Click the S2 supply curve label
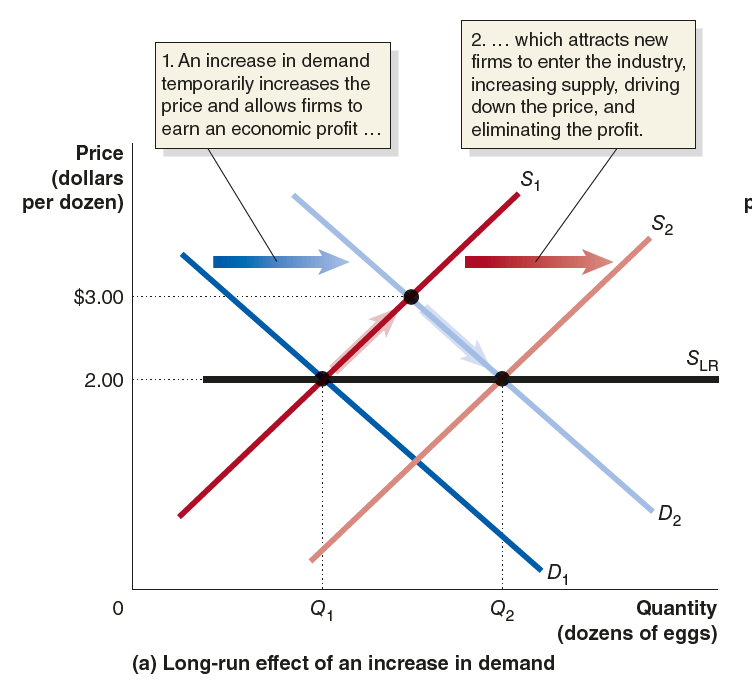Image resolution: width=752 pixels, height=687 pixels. (662, 227)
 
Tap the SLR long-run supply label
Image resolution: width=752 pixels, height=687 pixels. (702, 361)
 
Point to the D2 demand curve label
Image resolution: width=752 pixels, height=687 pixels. (671, 518)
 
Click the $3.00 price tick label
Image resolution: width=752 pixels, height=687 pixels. (98, 297)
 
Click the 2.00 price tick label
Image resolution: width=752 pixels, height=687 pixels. (104, 380)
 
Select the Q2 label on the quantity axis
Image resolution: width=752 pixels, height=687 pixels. (502, 612)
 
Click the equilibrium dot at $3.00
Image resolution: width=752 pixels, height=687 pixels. (410, 297)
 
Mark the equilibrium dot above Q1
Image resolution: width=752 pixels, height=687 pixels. (322, 379)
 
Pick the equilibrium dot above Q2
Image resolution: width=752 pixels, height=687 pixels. (502, 379)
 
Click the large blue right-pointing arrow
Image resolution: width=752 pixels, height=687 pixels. (280, 262)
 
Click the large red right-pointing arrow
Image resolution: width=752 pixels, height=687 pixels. (538, 262)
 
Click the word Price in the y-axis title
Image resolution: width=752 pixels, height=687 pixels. (99, 153)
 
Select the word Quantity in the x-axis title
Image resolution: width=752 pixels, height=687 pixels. (676, 608)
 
